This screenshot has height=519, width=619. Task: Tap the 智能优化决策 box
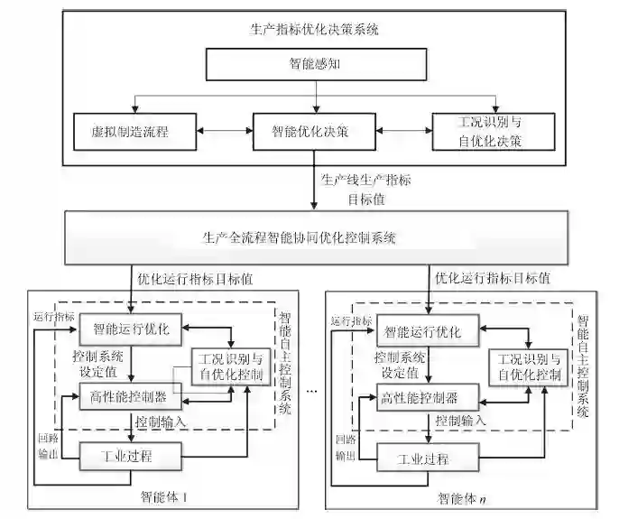[311, 132]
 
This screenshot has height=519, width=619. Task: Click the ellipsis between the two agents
[312, 391]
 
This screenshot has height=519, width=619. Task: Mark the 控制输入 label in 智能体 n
[460, 421]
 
